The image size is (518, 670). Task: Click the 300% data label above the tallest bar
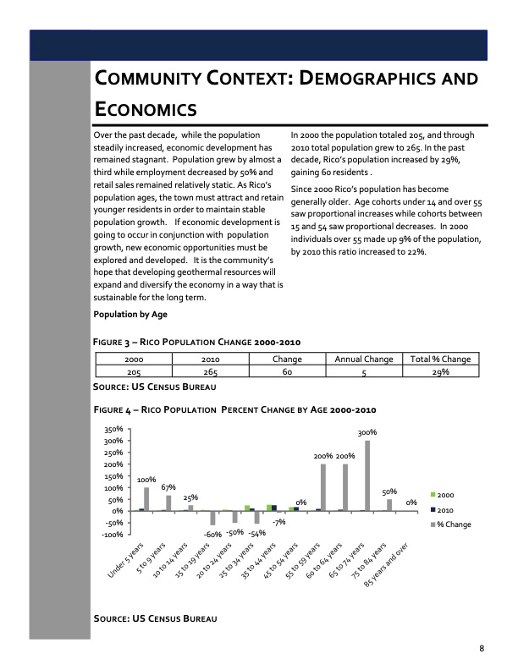pyautogui.click(x=367, y=432)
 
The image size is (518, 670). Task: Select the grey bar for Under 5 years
pyautogui.click(x=146, y=499)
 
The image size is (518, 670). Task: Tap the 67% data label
pyautogui.click(x=168, y=487)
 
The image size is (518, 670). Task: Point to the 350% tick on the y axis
pyautogui.click(x=113, y=430)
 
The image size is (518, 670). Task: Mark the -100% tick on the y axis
pyautogui.click(x=112, y=535)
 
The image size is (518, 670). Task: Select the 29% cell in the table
pyautogui.click(x=439, y=371)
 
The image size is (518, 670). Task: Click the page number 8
pyautogui.click(x=482, y=649)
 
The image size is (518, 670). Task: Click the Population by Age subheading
pyautogui.click(x=130, y=315)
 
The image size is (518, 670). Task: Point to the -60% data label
pyautogui.click(x=212, y=535)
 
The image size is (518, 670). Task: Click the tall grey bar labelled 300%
pyautogui.click(x=367, y=475)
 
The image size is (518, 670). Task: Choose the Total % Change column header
pyautogui.click(x=439, y=360)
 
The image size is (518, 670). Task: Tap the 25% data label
pyautogui.click(x=190, y=497)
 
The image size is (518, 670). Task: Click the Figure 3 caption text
pyautogui.click(x=197, y=342)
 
